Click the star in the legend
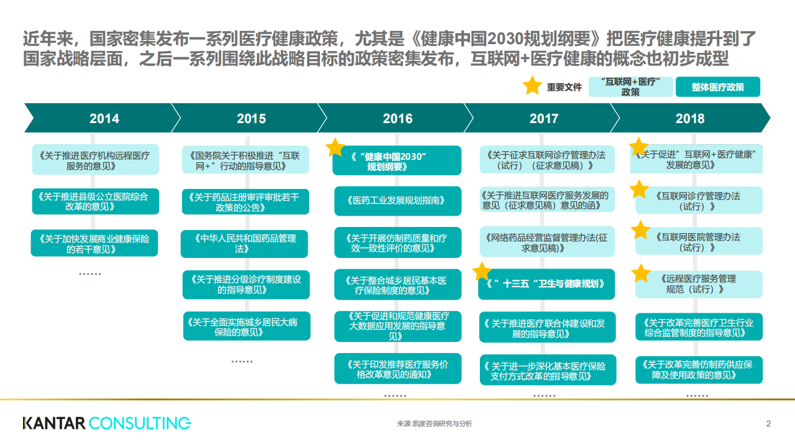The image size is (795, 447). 532,86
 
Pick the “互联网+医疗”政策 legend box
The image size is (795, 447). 630,87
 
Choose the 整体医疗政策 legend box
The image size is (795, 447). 717,87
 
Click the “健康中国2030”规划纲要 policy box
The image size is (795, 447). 397,161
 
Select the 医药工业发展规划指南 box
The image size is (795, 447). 398,201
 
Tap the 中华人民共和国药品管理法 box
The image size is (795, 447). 244,244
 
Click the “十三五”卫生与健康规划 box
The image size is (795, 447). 546,284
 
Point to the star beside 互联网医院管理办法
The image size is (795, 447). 640,231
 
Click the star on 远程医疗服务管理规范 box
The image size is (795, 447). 641,273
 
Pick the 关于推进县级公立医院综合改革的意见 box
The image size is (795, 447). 95,201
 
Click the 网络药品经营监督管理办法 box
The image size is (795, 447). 545,242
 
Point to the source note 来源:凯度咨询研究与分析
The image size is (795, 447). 434,424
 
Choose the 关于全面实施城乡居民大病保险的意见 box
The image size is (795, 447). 246,326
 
